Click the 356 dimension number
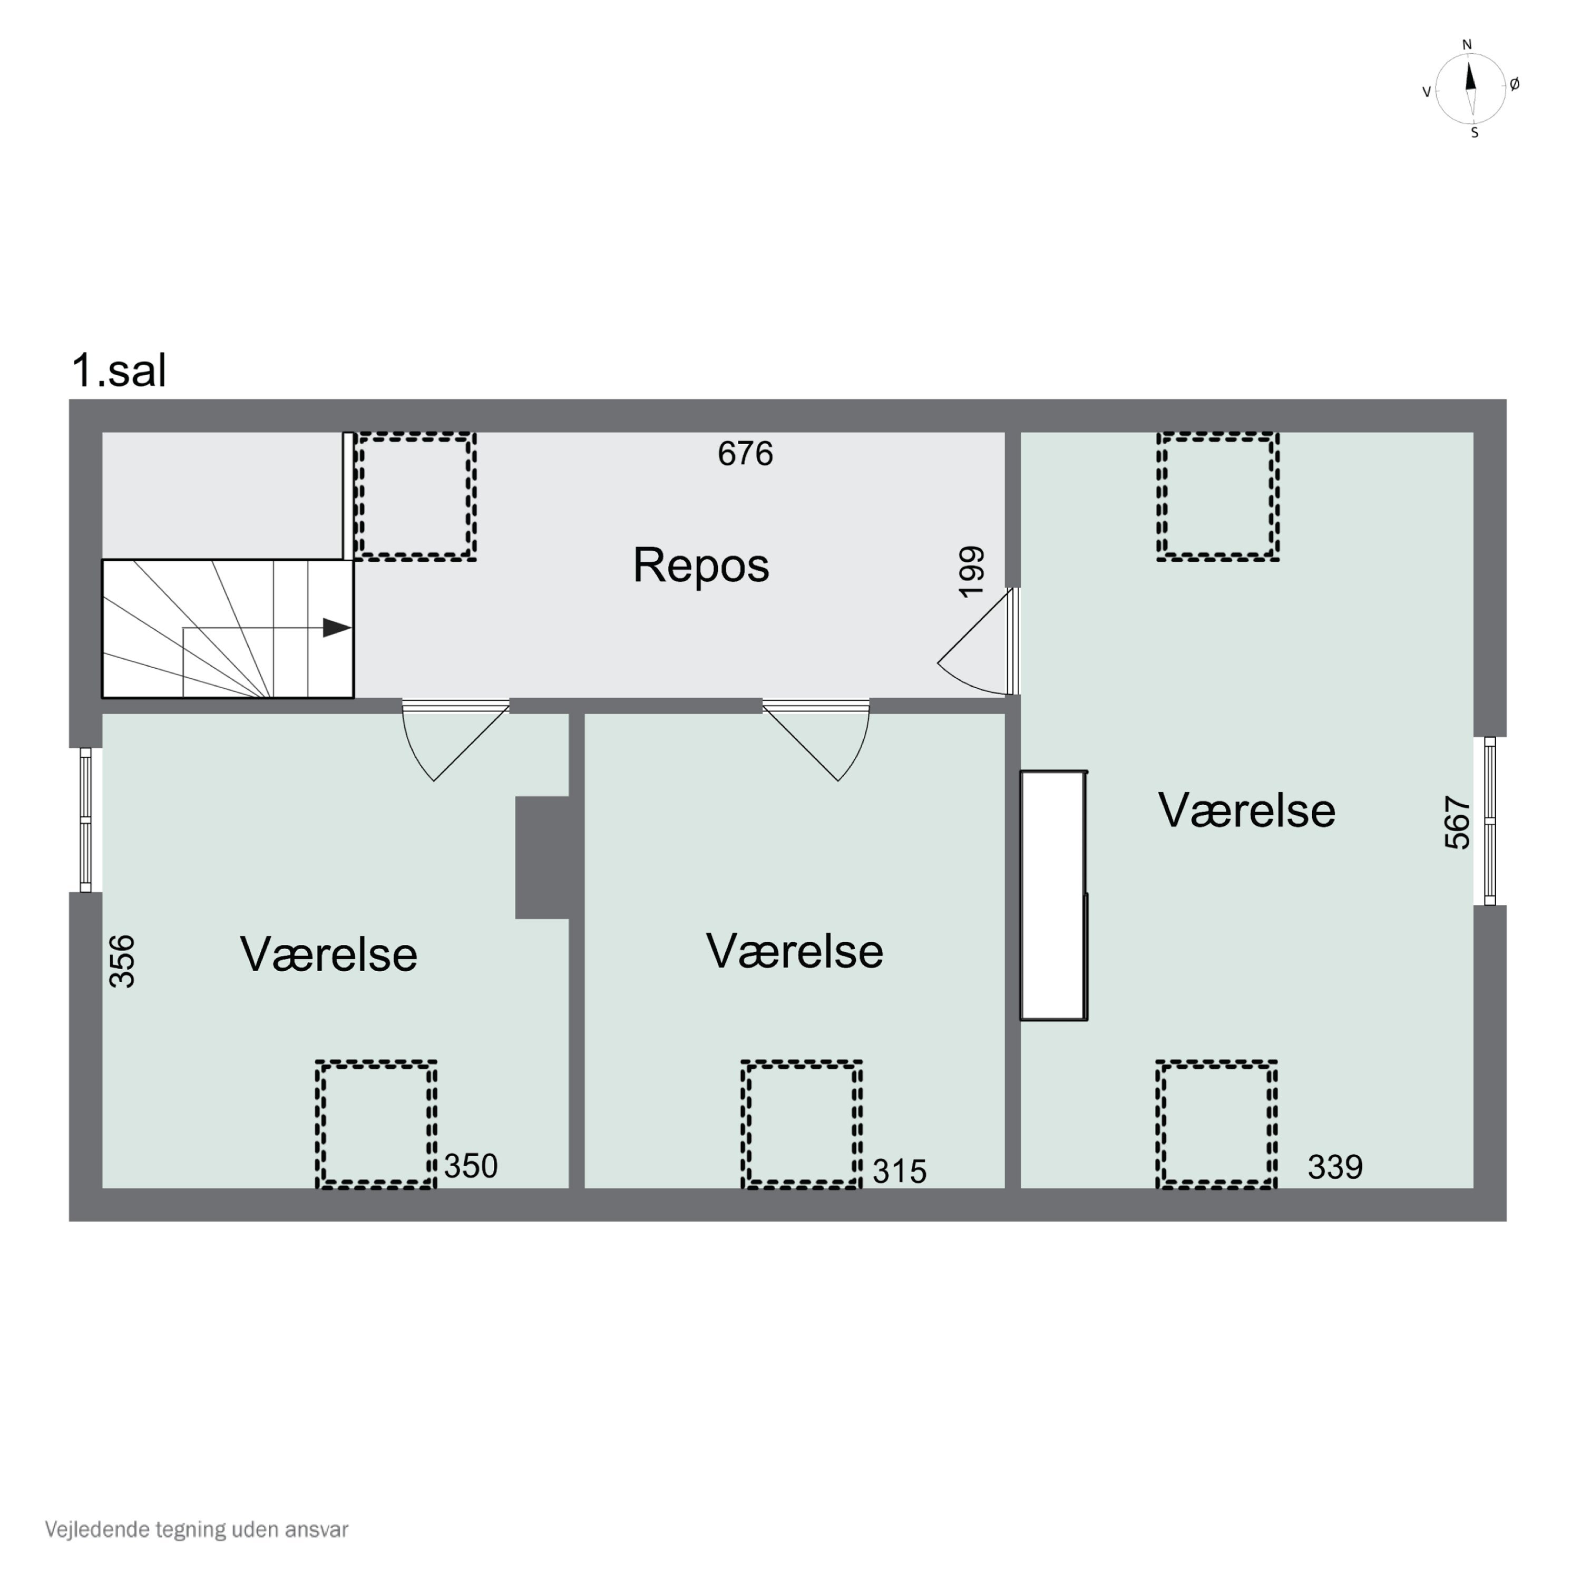(x=122, y=962)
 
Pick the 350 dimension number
(x=471, y=1166)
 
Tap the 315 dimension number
(x=900, y=1171)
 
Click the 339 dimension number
(x=1335, y=1167)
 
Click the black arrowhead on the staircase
(x=336, y=628)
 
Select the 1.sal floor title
(x=120, y=370)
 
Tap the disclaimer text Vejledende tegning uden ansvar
(x=197, y=1529)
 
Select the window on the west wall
(x=85, y=819)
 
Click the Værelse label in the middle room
(x=795, y=951)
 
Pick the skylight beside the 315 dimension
(x=801, y=1125)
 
